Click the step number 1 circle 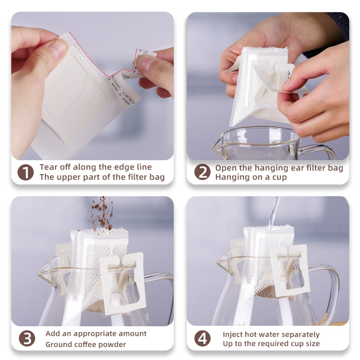[26, 172]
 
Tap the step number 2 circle [202, 172]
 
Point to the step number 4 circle [202, 339]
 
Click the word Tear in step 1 [48, 167]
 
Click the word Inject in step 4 [233, 334]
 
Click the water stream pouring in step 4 [274, 211]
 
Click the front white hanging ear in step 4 [290, 270]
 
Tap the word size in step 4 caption [312, 343]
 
